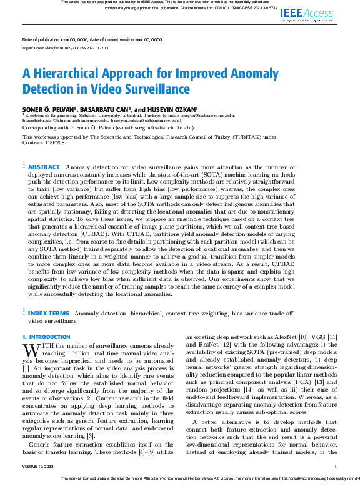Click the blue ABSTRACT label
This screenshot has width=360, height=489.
pyautogui.click(x=44, y=167)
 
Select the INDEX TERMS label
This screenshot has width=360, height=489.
pyautogui.click(x=49, y=313)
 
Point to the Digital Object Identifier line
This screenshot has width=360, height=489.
pyautogui.click(x=66, y=47)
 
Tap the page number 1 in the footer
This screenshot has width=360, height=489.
pyautogui.click(x=336, y=466)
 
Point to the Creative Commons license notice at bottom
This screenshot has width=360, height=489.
pyautogui.click(x=200, y=478)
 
